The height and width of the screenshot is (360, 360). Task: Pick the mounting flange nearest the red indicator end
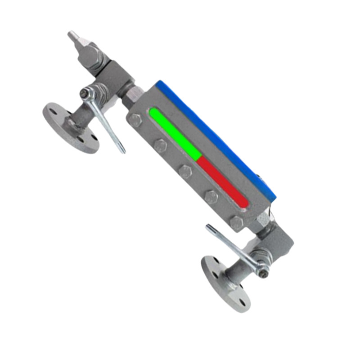coord(225,283)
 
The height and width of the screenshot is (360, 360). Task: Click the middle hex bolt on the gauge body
coord(185,171)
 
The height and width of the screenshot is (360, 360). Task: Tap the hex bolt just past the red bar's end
coord(236,222)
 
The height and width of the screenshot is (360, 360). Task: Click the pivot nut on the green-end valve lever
coord(85,94)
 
